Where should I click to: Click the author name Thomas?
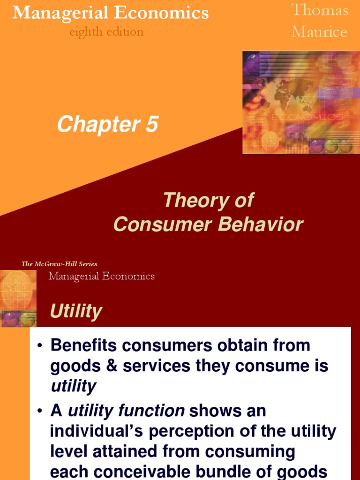[320, 10]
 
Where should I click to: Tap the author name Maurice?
[319, 31]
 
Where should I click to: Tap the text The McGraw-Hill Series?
[60, 264]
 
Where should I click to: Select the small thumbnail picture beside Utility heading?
[19, 299]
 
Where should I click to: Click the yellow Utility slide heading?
[75, 311]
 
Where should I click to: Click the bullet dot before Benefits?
[40, 346]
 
